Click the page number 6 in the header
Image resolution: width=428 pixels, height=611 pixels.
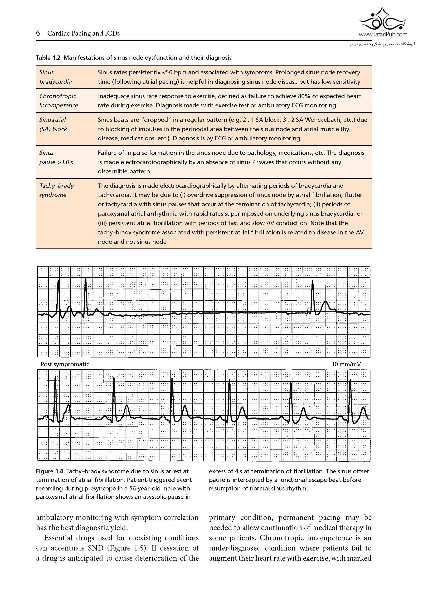point(38,33)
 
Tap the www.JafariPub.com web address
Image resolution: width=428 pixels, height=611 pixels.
point(383,34)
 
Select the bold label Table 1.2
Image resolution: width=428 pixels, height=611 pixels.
point(48,58)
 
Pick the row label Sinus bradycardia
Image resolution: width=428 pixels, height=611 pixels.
point(55,77)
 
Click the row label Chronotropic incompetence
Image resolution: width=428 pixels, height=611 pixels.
point(58,101)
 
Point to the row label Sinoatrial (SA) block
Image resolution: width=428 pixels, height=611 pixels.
point(53,124)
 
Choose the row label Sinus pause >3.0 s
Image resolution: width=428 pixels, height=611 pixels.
point(56,157)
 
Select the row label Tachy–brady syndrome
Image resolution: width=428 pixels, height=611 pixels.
point(56,190)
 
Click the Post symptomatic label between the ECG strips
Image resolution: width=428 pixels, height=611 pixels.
point(65,364)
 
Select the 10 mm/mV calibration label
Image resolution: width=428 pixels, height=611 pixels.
point(346,364)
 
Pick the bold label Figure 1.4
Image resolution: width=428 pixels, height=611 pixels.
point(49,471)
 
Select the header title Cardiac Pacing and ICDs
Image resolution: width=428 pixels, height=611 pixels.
point(83,34)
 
